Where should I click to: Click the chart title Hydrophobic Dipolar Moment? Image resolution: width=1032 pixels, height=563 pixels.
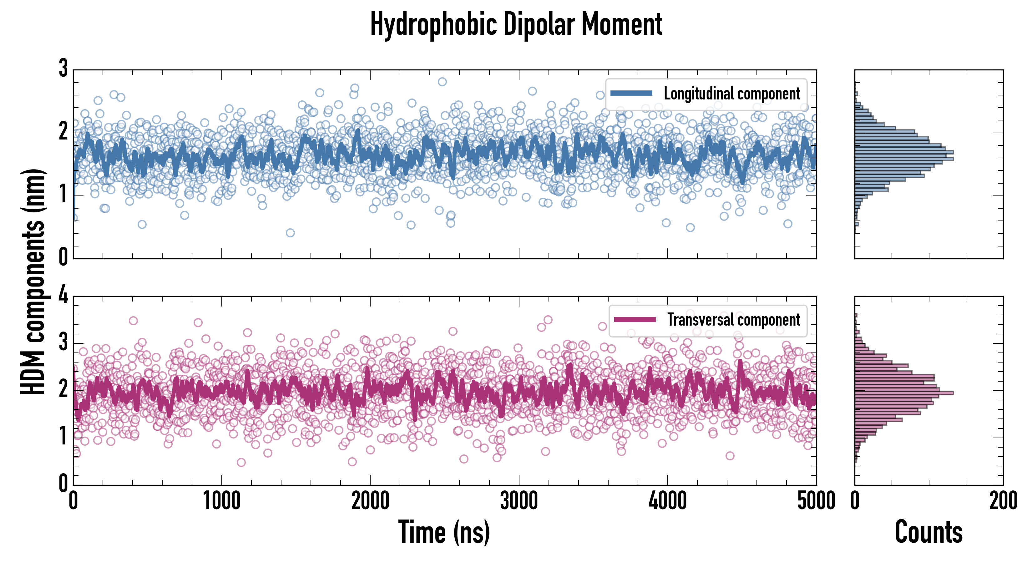pos(516,24)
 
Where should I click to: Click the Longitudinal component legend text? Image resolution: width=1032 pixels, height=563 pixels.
pos(731,94)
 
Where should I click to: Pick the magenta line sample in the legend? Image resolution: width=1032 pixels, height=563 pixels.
pos(635,319)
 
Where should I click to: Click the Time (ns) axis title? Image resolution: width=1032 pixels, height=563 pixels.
pos(444,532)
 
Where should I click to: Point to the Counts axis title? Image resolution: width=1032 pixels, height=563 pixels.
pos(928,532)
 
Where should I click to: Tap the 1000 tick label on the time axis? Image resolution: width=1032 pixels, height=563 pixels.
pos(221,501)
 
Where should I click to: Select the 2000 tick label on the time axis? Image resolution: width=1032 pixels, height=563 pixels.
pos(370,501)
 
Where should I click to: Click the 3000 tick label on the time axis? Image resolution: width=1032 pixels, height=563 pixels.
pos(519,501)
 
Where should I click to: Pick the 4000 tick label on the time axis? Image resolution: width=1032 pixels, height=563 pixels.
pos(667,501)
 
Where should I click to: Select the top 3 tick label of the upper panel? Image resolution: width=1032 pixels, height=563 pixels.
pos(63,68)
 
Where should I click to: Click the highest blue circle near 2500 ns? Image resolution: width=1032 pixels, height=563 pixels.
pos(442,82)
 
